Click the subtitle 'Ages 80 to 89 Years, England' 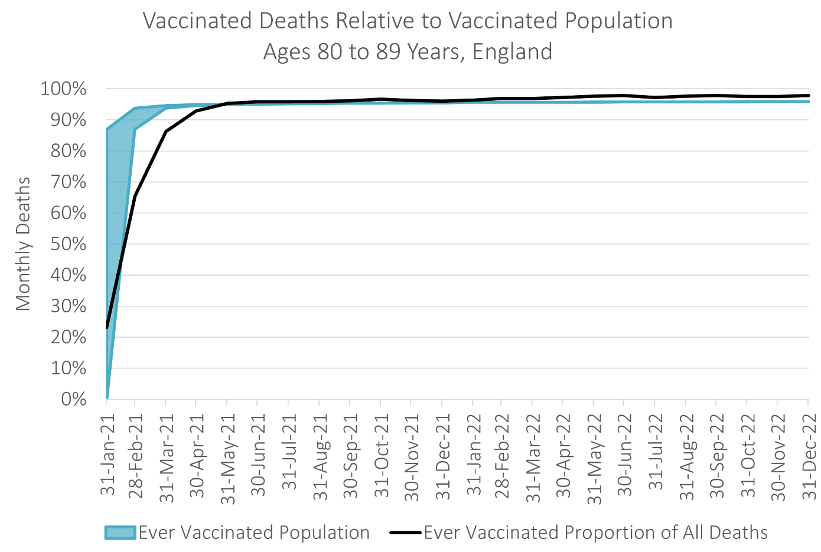click(408, 52)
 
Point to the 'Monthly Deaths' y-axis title click(23, 244)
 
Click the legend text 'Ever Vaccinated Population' click(254, 533)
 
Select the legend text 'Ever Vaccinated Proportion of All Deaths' click(595, 533)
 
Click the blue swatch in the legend click(120, 533)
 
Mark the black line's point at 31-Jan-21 click(107, 327)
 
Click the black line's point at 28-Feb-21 click(135, 196)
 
